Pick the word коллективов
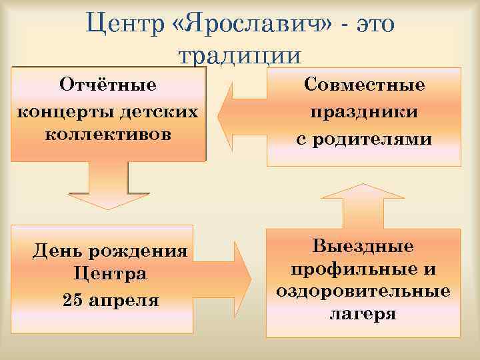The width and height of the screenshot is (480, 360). [x=108, y=133]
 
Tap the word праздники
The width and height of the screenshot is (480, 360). [x=364, y=112]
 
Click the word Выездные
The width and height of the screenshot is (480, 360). [x=363, y=247]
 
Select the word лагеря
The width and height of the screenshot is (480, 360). [x=363, y=313]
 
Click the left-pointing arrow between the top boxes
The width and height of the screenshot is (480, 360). [x=241, y=114]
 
